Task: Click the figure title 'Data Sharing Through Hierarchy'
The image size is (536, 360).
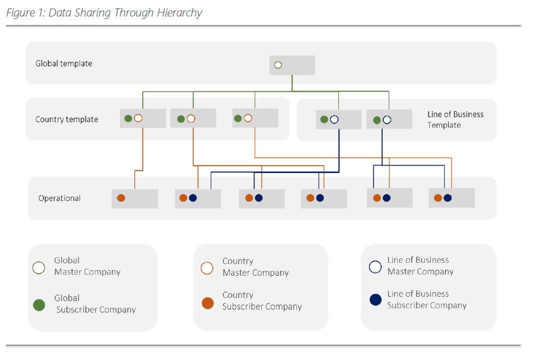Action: [x=125, y=12]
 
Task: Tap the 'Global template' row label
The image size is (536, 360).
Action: [x=63, y=63]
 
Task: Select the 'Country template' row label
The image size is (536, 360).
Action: [x=67, y=119]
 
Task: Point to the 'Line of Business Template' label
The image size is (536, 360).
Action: [x=455, y=120]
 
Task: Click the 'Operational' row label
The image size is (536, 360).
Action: [x=59, y=198]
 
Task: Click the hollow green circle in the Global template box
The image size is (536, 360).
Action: [x=278, y=65]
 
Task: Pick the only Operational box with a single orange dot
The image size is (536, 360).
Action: [x=135, y=199]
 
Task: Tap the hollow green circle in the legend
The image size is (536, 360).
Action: [x=39, y=268]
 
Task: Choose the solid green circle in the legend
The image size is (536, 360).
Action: [x=39, y=305]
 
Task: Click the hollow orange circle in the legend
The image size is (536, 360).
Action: [x=207, y=268]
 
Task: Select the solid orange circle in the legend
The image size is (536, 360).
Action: [x=208, y=303]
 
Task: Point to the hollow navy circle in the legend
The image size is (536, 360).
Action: [x=375, y=267]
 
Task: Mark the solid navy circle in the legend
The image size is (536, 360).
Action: [x=376, y=300]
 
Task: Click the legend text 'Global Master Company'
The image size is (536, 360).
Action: [x=87, y=266]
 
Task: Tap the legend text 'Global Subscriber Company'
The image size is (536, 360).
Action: [x=95, y=304]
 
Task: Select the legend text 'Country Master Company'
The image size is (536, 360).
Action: [x=256, y=267]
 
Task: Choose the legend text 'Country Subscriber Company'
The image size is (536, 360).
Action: [x=262, y=301]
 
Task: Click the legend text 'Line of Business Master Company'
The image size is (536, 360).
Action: [x=420, y=266]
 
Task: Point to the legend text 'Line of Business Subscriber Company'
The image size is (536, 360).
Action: [x=427, y=300]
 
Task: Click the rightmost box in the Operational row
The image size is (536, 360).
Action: [x=452, y=198]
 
